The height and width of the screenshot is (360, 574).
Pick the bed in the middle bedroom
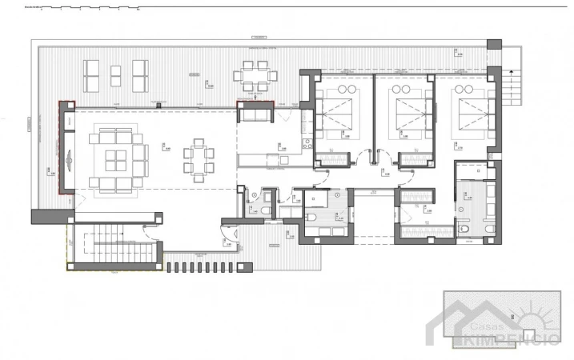[404, 110]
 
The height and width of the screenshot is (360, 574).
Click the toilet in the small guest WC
[265, 210]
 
